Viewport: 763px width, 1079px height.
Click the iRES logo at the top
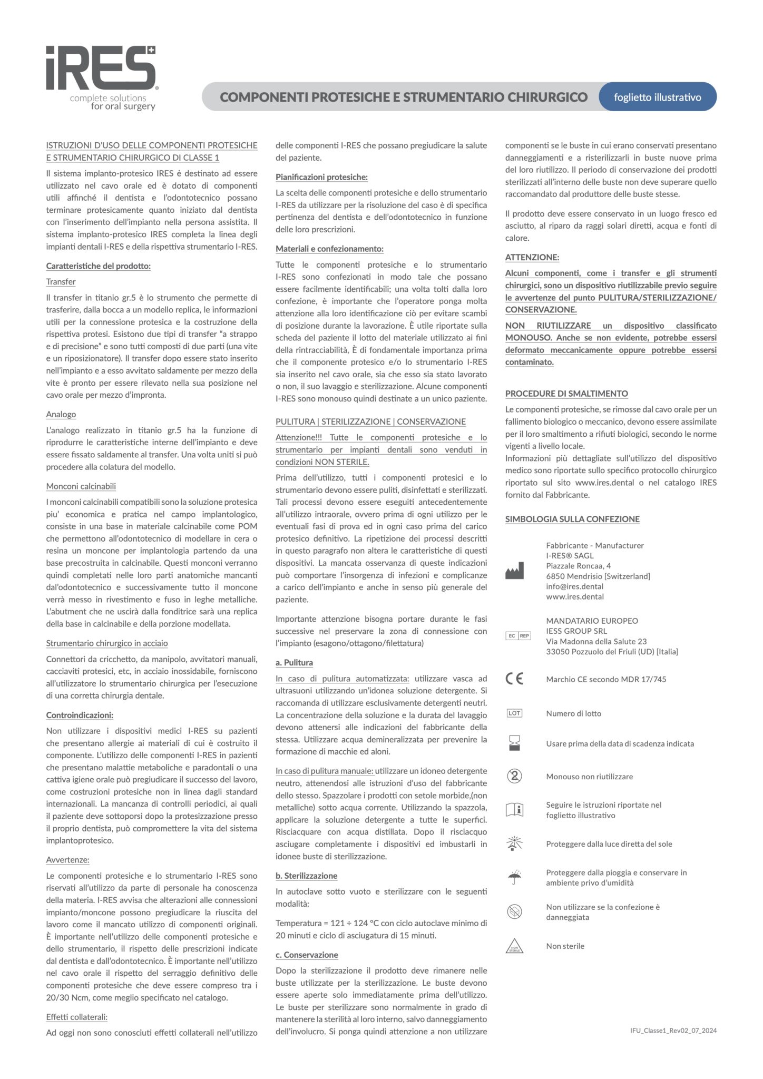click(x=101, y=77)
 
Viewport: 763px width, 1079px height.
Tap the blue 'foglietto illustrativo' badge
click(x=657, y=97)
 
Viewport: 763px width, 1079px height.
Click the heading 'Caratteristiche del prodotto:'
click(x=99, y=266)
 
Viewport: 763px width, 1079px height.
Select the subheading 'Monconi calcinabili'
click(x=81, y=486)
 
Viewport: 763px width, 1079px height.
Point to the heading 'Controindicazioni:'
click(x=80, y=715)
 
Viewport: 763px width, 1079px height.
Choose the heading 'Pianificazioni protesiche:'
click(x=321, y=177)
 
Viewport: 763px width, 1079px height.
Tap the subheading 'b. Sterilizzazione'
click(x=306, y=876)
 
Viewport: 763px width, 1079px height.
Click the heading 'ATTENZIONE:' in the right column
click(x=532, y=257)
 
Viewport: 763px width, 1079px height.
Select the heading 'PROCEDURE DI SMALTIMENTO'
click(x=566, y=394)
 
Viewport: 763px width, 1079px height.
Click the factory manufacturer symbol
click(x=514, y=571)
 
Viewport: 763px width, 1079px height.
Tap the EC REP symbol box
click(x=518, y=636)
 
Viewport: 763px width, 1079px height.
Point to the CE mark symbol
click(x=514, y=679)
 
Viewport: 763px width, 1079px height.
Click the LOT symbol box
click(x=514, y=713)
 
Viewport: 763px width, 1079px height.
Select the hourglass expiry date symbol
click(x=514, y=743)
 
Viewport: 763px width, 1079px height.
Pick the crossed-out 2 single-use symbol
click(x=514, y=776)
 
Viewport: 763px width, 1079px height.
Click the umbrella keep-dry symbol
click(x=514, y=878)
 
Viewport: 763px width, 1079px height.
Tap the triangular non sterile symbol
click(x=514, y=946)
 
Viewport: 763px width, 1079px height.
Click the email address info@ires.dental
click(x=574, y=586)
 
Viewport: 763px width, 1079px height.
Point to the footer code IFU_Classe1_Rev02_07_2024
click(x=673, y=1031)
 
